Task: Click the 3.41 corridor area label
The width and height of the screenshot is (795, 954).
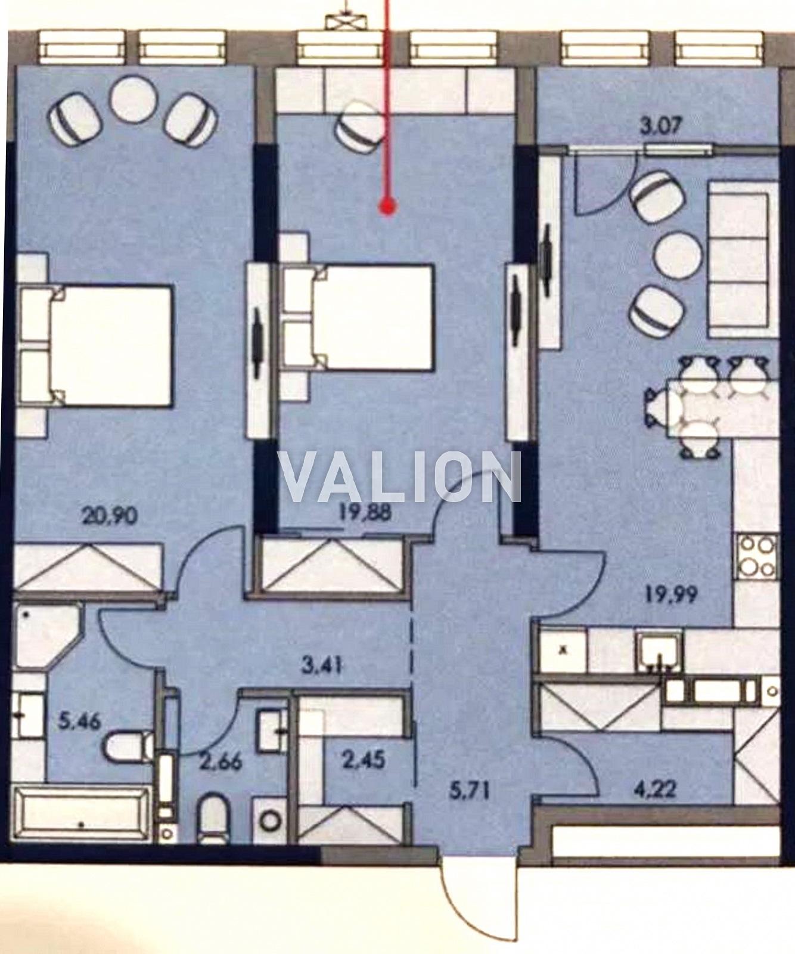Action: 322,665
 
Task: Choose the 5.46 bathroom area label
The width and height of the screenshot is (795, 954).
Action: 80,723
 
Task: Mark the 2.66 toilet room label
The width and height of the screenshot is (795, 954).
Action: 221,761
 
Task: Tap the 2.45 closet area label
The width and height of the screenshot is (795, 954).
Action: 364,760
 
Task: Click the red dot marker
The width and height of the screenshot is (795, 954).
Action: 388,207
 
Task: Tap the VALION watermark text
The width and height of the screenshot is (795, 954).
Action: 400,478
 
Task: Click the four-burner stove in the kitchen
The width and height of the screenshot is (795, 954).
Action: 757,555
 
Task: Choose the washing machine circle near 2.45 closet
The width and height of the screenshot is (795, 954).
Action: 271,821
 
